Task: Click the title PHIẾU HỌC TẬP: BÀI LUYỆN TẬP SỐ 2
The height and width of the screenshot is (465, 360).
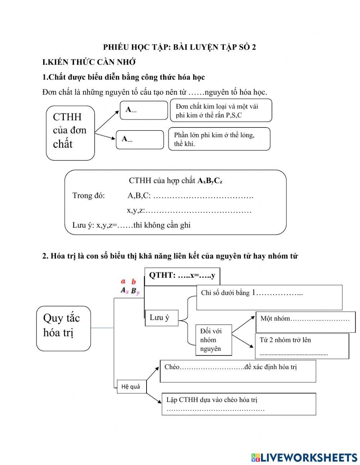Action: tap(180, 47)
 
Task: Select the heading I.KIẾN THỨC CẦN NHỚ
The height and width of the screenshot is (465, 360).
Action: tap(89, 62)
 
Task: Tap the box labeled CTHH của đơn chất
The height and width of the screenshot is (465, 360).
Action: tap(70, 132)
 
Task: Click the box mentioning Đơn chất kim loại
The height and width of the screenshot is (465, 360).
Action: tap(220, 111)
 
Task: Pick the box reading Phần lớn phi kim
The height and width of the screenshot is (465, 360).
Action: tap(219, 139)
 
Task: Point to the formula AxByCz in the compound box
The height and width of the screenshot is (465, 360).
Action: tap(210, 181)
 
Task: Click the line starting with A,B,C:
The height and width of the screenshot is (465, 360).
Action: tap(190, 196)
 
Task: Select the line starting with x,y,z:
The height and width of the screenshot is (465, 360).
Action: tap(189, 210)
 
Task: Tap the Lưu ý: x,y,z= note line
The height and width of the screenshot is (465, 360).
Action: tap(131, 225)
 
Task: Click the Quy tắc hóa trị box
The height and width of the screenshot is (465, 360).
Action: tap(63, 328)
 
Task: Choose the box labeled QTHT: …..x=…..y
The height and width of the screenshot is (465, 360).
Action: tap(182, 276)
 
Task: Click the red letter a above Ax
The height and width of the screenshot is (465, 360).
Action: tap(123, 282)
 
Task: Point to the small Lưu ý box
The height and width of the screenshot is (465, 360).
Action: tap(161, 318)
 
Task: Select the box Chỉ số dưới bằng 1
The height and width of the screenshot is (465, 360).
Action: tap(269, 297)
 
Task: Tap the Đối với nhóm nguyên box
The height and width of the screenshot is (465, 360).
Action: tap(213, 340)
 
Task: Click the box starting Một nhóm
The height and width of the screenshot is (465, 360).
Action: tap(305, 322)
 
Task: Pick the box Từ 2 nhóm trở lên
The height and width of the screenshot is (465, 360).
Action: tap(302, 346)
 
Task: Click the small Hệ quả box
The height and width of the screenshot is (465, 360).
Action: tap(131, 387)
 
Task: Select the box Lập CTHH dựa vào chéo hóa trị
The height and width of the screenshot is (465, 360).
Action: tap(238, 404)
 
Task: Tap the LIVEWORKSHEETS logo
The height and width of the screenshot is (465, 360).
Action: tap(304, 457)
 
